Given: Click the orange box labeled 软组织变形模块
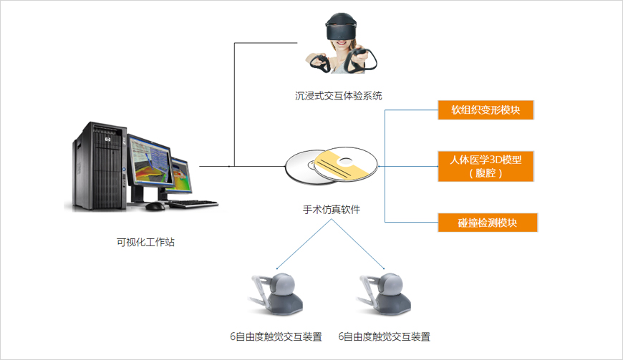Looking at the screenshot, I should point(487,111).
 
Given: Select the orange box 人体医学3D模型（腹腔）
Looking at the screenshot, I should point(487,166).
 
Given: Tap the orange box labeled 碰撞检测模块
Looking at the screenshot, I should point(487,223).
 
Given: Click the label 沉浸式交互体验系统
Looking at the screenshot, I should point(334,94).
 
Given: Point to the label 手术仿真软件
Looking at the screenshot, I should point(332,210).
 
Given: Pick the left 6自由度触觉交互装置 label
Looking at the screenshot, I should point(276,336).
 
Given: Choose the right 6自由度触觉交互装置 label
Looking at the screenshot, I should point(385,336).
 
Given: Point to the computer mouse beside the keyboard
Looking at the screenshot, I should point(155,206).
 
